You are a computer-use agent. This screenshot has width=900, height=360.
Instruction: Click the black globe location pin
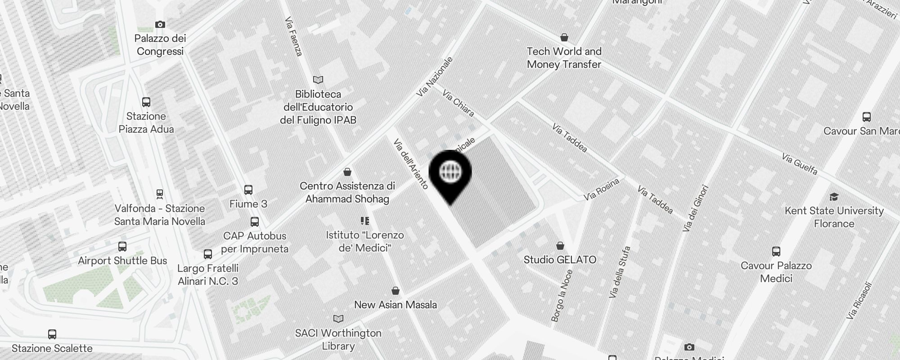[450, 173]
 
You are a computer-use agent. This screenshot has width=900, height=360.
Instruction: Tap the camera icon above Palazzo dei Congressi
[160, 24]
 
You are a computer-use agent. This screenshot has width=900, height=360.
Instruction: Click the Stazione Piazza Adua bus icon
[146, 102]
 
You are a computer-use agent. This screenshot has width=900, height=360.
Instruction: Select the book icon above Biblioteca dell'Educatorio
[318, 80]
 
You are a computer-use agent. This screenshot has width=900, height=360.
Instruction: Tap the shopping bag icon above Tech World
[564, 37]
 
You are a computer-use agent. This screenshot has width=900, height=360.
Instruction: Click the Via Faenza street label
[293, 37]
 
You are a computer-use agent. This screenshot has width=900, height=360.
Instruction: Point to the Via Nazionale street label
[435, 76]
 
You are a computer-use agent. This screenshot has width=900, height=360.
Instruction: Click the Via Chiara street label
[458, 103]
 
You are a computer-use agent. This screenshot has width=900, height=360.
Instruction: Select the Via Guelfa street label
[799, 164]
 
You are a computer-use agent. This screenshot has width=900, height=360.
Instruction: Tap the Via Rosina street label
[602, 189]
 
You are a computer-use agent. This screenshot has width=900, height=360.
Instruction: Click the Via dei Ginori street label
[695, 209]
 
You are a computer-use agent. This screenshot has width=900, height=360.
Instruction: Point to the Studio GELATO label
[560, 260]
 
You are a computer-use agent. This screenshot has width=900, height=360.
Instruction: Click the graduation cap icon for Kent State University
[834, 197]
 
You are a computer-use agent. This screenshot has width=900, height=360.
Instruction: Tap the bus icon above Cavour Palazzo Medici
[776, 252]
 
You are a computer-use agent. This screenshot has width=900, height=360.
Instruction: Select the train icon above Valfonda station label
[159, 194]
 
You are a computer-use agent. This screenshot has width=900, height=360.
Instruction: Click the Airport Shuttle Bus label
[122, 261]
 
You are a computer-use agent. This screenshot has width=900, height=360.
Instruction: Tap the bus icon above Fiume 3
[248, 190]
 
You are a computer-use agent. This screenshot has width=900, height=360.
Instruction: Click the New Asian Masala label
[395, 305]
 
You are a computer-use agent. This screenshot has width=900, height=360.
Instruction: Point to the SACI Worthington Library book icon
[338, 319]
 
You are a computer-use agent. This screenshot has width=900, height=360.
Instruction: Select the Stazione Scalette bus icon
[52, 334]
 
